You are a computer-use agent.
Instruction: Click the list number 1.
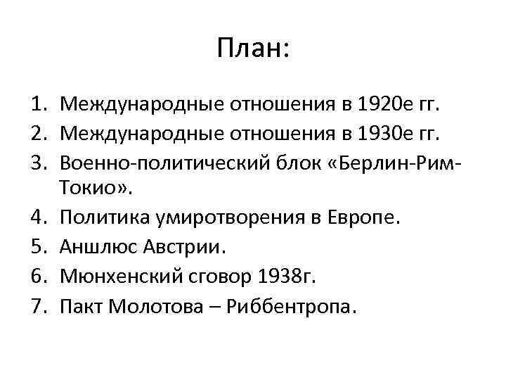(38, 106)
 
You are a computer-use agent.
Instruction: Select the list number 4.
(38, 217)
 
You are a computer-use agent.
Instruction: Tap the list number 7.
(38, 306)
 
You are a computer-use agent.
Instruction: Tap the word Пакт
(81, 306)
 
